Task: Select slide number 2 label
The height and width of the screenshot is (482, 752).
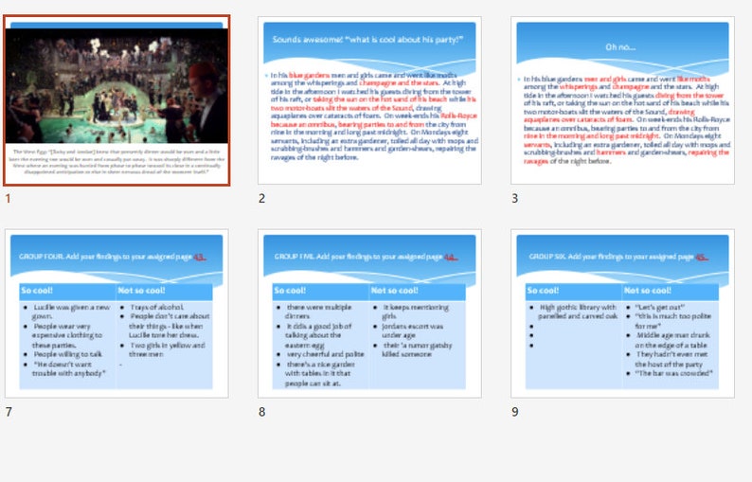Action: (261, 198)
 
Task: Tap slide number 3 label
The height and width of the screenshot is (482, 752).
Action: (514, 198)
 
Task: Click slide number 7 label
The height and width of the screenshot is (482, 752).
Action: (9, 411)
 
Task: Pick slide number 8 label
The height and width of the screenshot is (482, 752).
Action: (261, 411)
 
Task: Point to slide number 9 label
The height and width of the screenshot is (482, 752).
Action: (514, 411)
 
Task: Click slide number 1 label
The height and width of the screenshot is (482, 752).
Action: (9, 198)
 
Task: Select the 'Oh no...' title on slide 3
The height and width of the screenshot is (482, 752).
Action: (621, 45)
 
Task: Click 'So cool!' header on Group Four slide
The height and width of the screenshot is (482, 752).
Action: (39, 290)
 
